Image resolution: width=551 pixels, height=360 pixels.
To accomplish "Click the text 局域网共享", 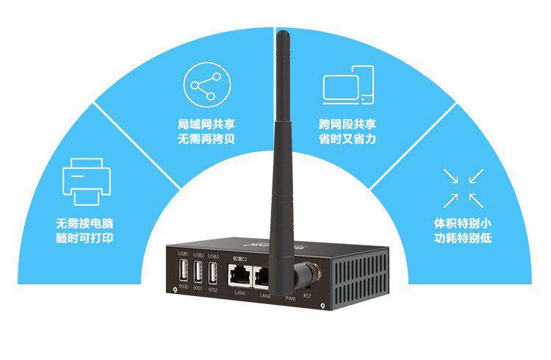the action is pos(206,124).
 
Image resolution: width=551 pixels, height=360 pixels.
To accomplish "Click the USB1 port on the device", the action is pos(183,273).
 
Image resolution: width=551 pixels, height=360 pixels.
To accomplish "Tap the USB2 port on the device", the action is pos(198,273).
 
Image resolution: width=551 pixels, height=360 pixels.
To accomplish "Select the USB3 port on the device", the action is pos(213,273).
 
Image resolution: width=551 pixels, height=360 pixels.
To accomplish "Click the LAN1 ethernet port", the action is pos(240,276).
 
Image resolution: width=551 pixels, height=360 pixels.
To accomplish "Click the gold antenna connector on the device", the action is pos(302,278).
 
